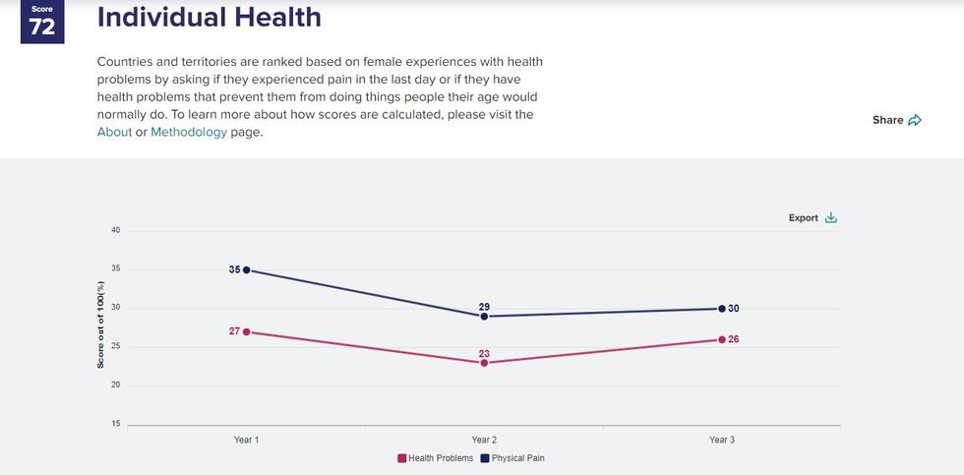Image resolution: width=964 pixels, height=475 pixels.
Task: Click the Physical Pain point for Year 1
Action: pos(246,269)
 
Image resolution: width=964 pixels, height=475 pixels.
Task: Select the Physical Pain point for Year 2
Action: pos(484,317)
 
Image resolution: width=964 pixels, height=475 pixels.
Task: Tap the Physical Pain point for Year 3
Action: pos(722,309)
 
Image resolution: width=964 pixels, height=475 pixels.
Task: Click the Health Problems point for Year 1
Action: pos(246,331)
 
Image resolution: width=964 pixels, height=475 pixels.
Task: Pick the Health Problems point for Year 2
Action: pos(484,363)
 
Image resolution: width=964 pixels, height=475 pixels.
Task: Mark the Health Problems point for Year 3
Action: pos(722,339)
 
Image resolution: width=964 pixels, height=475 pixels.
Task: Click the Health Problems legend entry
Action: pos(436,458)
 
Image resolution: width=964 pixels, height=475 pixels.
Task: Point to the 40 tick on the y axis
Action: pos(115,231)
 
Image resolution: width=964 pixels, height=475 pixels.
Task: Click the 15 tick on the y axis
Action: pos(115,425)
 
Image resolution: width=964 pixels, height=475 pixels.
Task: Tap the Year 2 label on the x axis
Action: pos(484,440)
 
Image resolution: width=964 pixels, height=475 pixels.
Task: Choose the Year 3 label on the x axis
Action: pos(722,440)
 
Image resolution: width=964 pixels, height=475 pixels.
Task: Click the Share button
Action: pos(896,120)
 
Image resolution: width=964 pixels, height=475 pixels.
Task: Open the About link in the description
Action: pos(114,132)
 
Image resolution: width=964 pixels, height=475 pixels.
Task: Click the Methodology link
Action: pos(189,132)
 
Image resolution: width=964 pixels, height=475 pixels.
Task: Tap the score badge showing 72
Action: pos(42,23)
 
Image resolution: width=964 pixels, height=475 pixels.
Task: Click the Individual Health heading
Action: pos(210,18)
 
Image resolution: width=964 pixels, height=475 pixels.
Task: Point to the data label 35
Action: pos(234,269)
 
